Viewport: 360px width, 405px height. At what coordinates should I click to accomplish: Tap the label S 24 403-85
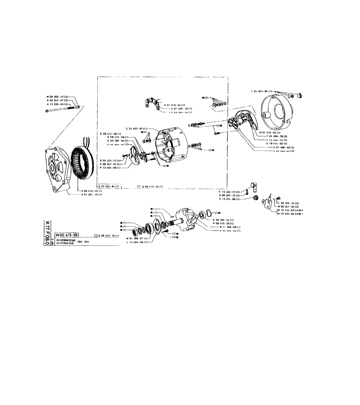(136, 128)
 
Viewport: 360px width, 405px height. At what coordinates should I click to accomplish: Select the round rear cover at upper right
(276, 110)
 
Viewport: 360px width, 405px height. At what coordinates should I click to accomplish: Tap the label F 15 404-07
(229, 191)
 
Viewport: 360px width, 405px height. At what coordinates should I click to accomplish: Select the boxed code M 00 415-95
(67, 235)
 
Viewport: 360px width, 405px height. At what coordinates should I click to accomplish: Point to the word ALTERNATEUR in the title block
(66, 240)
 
